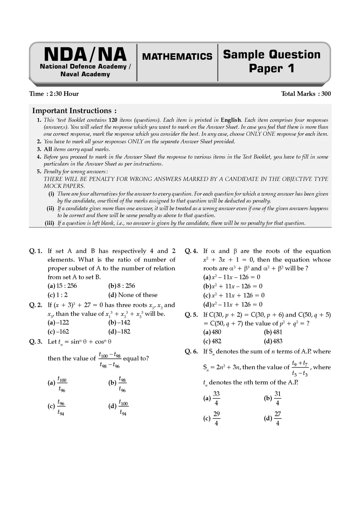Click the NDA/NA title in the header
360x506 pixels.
click(85, 55)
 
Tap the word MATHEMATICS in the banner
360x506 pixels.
click(177, 57)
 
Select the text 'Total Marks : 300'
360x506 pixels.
click(306, 94)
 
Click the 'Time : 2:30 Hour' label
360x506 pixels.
click(54, 94)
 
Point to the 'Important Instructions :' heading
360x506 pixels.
click(75, 111)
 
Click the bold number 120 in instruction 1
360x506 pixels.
click(112, 120)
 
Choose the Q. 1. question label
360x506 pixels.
click(36, 251)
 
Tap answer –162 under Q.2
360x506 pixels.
click(63, 331)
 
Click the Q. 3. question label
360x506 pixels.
click(36, 342)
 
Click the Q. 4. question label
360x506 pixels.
click(191, 251)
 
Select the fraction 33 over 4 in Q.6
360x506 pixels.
click(216, 398)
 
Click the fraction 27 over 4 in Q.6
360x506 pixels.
click(277, 419)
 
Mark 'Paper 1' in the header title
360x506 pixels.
click(271, 68)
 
